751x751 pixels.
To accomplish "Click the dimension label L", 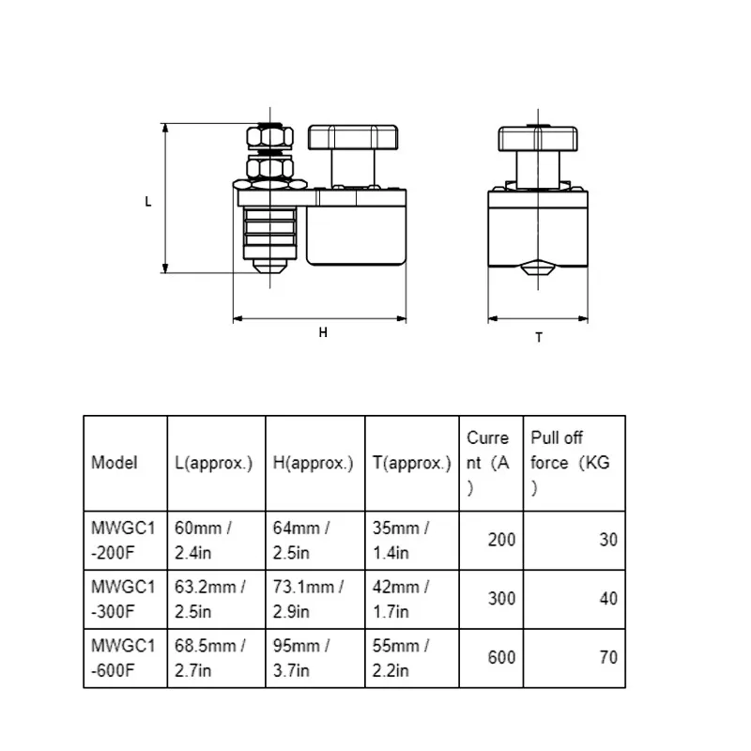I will coord(148,201).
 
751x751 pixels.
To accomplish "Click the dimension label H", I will coord(322,332).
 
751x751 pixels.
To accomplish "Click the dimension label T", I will coord(539,337).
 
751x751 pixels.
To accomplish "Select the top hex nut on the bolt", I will coord(269,140).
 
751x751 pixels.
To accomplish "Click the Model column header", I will coord(115,463).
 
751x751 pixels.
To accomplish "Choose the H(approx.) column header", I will coord(313,463).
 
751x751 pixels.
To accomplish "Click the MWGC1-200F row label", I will coord(122,540).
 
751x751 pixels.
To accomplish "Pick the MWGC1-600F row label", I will coord(122,656).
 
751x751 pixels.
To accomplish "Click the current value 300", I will coord(501,599).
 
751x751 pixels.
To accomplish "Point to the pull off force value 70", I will coord(608,656).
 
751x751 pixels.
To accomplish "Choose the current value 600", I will coord(501,656).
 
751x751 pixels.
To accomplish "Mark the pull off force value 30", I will coord(608,540).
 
